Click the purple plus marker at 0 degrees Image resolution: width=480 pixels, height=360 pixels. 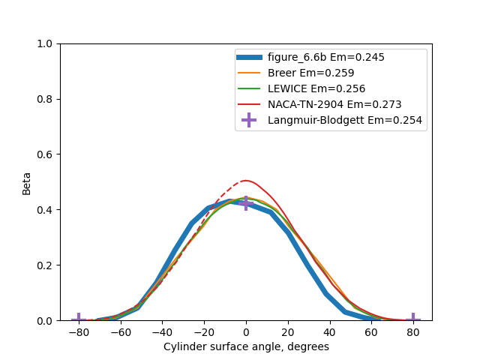(x=246, y=203)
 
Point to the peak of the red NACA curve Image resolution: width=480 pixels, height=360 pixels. (x=245, y=181)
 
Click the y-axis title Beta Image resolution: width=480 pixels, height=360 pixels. (x=27, y=182)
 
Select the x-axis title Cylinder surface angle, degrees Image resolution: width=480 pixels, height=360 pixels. (x=246, y=346)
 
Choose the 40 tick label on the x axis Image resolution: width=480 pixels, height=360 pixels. (x=329, y=331)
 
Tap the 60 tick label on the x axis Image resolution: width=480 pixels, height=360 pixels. (x=371, y=331)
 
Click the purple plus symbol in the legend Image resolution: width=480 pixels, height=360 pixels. (x=249, y=120)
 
